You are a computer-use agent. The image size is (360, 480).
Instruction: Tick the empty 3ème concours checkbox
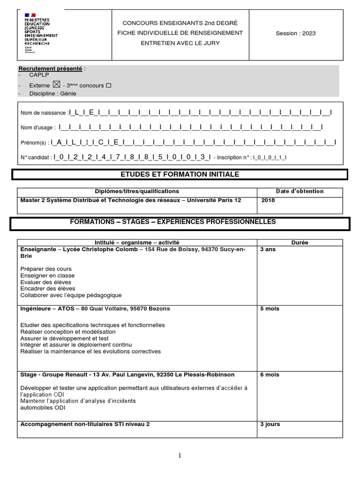click(109, 86)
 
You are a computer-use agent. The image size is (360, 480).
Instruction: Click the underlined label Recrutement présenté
click(50, 69)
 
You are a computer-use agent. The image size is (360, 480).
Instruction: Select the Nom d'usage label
click(38, 127)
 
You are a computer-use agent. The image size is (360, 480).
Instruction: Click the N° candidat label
click(36, 157)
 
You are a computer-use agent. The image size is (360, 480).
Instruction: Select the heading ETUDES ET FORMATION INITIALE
click(180, 174)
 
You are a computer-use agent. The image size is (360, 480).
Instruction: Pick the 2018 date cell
click(269, 200)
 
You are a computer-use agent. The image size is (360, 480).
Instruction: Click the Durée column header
click(300, 242)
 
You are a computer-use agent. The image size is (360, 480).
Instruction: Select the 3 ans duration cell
click(268, 250)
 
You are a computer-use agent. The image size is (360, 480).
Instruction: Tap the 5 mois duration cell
click(270, 309)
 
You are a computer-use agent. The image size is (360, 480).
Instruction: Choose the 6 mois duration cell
click(270, 375)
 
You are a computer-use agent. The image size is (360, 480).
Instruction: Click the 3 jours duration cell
click(270, 424)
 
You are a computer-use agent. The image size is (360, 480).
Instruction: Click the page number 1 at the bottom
click(180, 456)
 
